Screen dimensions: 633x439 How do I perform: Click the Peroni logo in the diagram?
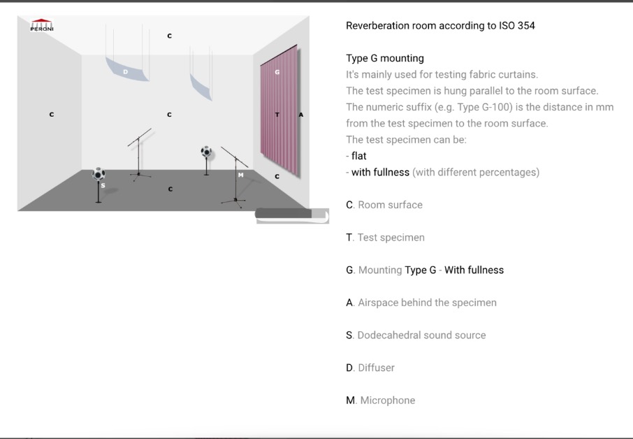[42, 25]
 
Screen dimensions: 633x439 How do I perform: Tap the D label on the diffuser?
[126, 72]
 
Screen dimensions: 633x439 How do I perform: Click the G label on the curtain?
[277, 72]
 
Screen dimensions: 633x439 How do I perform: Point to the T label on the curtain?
[277, 115]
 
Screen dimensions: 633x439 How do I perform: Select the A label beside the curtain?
[300, 115]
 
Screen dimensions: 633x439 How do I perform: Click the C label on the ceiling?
[170, 36]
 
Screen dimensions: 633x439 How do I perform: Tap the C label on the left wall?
[51, 115]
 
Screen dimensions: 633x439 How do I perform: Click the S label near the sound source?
[103, 185]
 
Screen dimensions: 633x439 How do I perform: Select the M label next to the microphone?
[240, 175]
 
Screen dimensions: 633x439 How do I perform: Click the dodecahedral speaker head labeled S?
[99, 174]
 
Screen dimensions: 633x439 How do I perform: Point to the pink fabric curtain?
[279, 110]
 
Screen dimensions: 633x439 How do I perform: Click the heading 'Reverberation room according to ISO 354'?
[440, 25]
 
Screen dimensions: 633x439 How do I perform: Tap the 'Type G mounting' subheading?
[385, 58]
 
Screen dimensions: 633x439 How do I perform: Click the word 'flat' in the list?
[359, 156]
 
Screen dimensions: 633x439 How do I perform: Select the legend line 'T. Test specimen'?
[385, 238]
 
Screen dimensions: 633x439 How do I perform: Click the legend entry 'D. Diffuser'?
[370, 368]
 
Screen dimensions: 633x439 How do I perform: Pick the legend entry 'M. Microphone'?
[380, 401]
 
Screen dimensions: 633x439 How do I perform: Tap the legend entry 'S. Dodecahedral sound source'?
[416, 336]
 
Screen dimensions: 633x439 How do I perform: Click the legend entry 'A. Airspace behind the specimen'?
[421, 303]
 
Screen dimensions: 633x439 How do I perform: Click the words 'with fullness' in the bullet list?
[380, 173]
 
